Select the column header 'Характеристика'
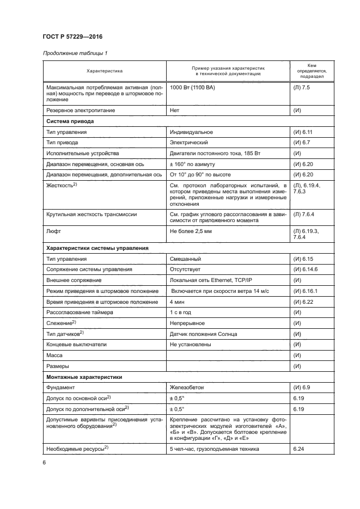tap(105, 71)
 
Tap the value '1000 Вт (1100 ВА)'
tap(192, 88)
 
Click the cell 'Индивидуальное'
tap(191, 132)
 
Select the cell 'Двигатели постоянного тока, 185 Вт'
tap(215, 154)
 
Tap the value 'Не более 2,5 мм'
tap(191, 231)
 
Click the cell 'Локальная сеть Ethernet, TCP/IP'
tap(210, 280)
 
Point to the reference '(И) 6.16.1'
tap(305, 291)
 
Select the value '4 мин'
tap(176, 302)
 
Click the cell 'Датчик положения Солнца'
tap(203, 334)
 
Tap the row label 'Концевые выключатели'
tap(77, 345)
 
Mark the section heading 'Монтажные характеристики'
tap(84, 377)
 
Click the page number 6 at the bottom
tap(44, 463)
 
